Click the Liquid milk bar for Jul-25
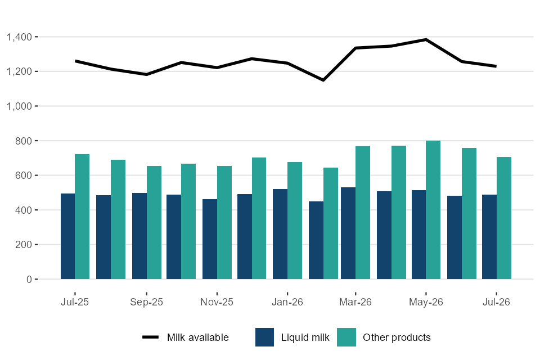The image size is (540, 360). [68, 236]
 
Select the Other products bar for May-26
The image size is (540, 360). [433, 210]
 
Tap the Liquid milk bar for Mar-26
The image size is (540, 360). [348, 233]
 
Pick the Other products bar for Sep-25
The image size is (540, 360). [154, 223]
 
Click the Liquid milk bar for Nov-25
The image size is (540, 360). [210, 239]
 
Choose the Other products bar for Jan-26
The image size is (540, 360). [295, 220]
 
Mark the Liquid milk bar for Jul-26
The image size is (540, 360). [489, 237]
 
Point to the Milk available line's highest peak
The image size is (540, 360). [426, 39]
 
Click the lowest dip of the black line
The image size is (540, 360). [323, 80]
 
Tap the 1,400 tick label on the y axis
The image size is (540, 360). [19, 37]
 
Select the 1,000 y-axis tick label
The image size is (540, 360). [19, 106]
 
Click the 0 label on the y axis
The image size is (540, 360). [29, 280]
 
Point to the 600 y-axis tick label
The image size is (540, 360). [24, 175]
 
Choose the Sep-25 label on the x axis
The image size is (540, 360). [146, 302]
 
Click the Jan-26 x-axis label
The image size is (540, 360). [287, 302]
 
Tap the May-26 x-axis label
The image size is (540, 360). [426, 302]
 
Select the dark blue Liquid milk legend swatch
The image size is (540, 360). [264, 337]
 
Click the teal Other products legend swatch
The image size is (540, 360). [346, 337]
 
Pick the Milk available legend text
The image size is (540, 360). [198, 337]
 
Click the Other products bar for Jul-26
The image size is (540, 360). [504, 218]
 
